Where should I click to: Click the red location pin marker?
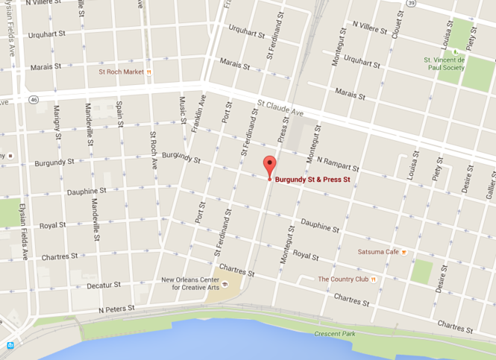(x=270, y=165)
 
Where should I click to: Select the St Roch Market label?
(x=121, y=72)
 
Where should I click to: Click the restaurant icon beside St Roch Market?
(x=150, y=72)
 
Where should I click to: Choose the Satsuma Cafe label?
(x=378, y=252)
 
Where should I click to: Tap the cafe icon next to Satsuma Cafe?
(x=404, y=252)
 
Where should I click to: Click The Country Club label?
(x=343, y=280)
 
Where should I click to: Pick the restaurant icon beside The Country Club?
(x=374, y=280)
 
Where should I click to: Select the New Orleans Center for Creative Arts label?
(x=191, y=283)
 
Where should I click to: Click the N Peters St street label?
(x=116, y=308)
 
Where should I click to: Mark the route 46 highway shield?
(x=34, y=99)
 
